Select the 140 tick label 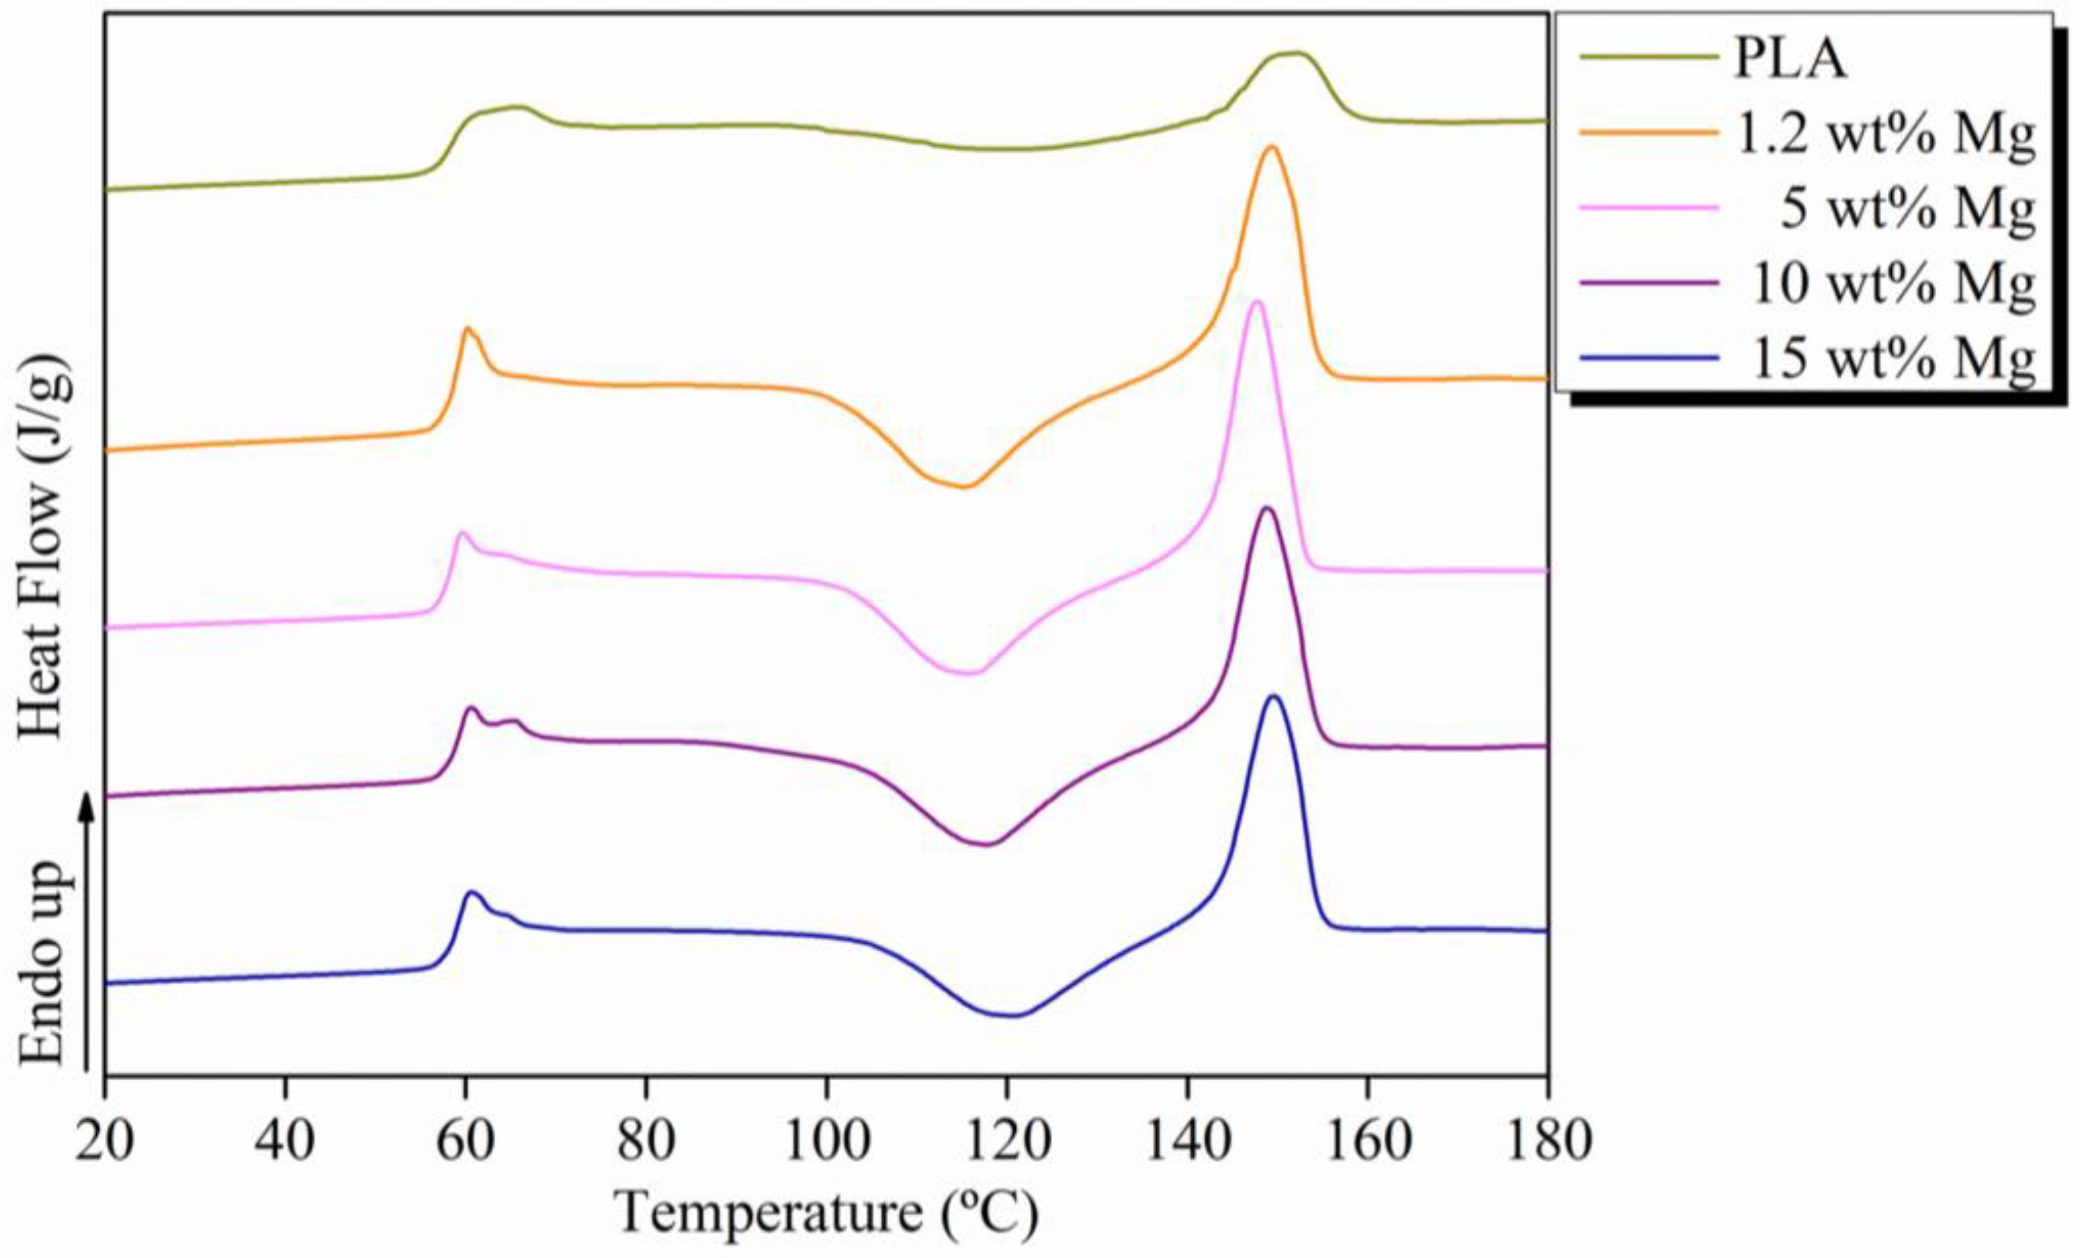[1186, 1141]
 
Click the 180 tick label [1546, 1141]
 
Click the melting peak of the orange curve [1272, 148]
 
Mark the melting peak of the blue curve [1275, 697]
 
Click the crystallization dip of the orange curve [964, 486]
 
